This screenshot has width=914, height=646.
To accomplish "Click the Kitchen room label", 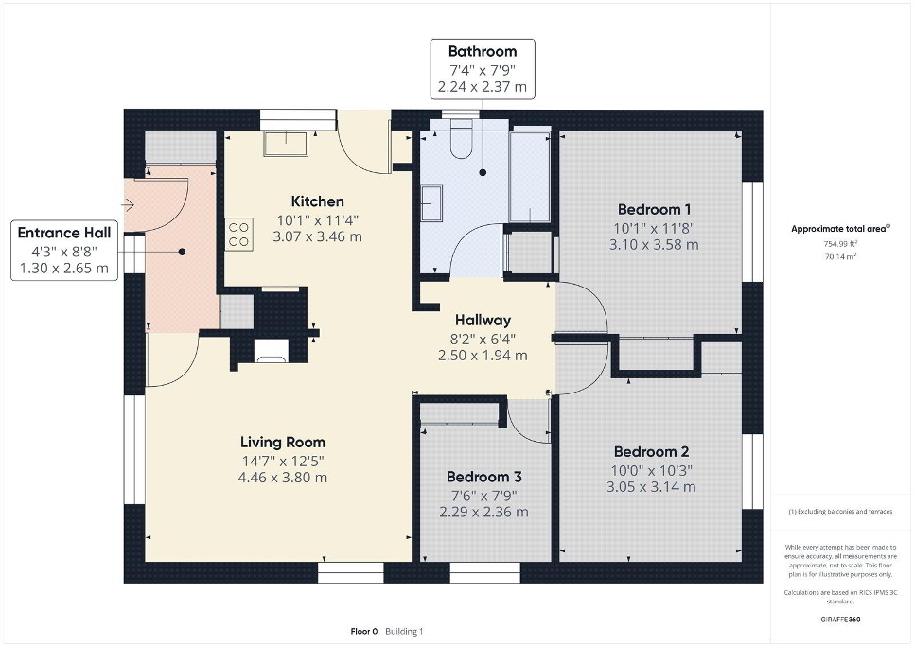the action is click(318, 201).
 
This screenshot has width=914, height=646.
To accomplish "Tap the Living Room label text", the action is click(283, 442).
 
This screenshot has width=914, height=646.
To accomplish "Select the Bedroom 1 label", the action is click(654, 210).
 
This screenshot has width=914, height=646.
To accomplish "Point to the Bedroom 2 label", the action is click(652, 451).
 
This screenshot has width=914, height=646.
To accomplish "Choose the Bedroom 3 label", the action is click(483, 477).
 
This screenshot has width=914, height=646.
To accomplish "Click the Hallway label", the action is click(483, 320).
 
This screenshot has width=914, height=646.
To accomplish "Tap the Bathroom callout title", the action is click(483, 51).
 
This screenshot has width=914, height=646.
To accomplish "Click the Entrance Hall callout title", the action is click(64, 233).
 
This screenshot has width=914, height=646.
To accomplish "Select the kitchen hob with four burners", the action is click(239, 235).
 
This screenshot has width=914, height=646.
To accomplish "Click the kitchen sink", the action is click(286, 144).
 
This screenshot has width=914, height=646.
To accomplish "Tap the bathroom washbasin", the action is click(431, 202).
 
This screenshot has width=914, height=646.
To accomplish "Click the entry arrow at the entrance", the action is click(129, 205).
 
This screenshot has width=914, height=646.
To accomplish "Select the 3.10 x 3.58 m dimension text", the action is click(654, 245).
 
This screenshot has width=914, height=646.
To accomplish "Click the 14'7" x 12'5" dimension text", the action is click(283, 461).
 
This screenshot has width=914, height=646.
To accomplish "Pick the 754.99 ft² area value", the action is click(840, 244).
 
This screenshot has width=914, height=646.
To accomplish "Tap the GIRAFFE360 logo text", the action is click(840, 620).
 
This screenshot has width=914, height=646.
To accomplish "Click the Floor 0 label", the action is click(364, 632).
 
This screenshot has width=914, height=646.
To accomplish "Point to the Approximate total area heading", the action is click(840, 229).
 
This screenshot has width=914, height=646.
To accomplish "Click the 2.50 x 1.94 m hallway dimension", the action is click(483, 356).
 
